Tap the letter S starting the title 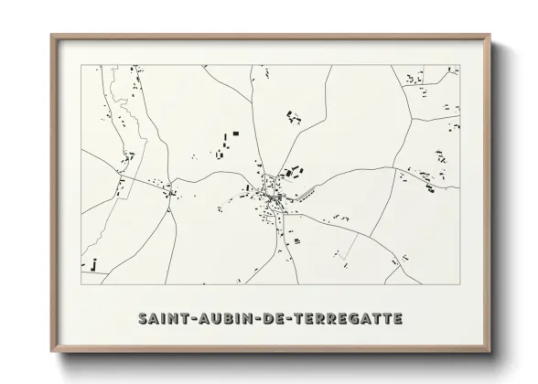145,318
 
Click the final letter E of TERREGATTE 396,318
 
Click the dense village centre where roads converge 273,196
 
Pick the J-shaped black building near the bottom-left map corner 94,265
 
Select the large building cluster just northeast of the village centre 292,171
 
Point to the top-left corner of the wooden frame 52,36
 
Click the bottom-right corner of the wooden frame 490,351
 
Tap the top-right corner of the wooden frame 490,36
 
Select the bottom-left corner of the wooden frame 52,351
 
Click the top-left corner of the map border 82,66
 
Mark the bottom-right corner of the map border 460,284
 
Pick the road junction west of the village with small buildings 170,190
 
